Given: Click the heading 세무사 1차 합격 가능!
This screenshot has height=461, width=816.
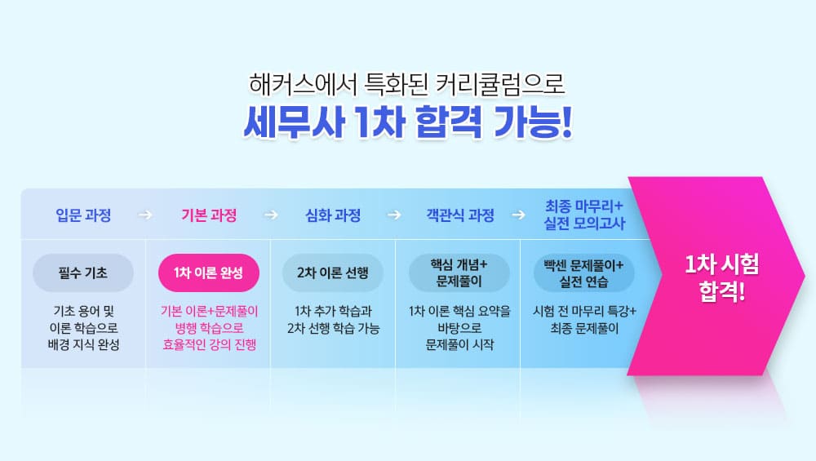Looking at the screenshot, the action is [x=408, y=122].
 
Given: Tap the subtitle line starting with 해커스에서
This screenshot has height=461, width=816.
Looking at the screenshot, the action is [x=407, y=84].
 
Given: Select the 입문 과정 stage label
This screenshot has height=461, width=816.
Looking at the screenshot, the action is [x=83, y=215].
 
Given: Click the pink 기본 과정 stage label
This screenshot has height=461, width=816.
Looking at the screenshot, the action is [x=209, y=215].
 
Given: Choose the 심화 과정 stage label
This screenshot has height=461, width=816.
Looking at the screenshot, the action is [x=333, y=215].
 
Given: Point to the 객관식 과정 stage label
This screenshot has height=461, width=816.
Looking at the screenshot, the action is [x=460, y=215].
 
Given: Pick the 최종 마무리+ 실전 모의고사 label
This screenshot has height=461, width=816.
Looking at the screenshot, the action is [x=584, y=215].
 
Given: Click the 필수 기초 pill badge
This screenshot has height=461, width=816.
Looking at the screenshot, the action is [x=83, y=273].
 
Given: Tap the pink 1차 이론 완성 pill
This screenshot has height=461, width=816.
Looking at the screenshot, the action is [x=209, y=273].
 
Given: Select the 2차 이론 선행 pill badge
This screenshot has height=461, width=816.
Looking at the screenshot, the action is [x=333, y=273].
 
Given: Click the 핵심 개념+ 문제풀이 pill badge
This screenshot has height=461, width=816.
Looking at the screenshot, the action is [x=459, y=273].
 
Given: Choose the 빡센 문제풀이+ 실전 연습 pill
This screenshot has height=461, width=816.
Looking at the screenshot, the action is [x=584, y=273].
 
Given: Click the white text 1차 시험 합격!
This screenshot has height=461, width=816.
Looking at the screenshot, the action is [x=722, y=277].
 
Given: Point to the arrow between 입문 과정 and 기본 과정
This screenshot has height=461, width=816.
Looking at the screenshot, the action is [x=145, y=215].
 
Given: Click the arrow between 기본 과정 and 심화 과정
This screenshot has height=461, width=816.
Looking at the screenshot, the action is [x=271, y=215].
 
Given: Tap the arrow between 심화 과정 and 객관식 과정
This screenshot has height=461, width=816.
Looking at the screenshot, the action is [x=394, y=215].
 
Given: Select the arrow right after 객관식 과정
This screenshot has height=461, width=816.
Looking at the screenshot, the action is [x=518, y=215].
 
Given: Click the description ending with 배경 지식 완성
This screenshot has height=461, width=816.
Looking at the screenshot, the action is [x=83, y=328].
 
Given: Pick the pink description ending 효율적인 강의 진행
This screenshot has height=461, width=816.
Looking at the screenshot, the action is [x=209, y=328].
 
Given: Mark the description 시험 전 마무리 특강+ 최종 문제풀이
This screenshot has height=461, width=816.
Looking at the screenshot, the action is [x=584, y=320].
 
